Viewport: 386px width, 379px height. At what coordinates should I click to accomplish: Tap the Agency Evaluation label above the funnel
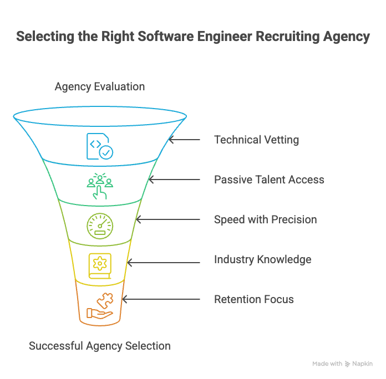[100, 86]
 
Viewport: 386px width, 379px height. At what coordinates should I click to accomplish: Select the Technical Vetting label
[256, 140]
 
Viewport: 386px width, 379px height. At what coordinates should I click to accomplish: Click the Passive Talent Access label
[269, 180]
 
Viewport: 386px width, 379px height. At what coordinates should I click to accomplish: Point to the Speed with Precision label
[265, 219]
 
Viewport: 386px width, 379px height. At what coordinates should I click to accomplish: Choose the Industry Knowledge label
[262, 259]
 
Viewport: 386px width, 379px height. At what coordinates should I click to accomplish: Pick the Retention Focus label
[253, 299]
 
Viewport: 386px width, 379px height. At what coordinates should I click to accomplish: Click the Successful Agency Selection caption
[100, 346]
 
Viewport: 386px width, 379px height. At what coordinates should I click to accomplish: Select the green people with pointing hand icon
[100, 186]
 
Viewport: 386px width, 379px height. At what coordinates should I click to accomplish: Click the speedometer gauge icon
[100, 226]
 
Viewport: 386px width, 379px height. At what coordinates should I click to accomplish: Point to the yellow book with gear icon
[100, 265]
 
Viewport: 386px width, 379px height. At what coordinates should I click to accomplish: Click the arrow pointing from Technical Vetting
[185, 140]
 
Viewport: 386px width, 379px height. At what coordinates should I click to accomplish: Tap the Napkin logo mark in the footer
[348, 364]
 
